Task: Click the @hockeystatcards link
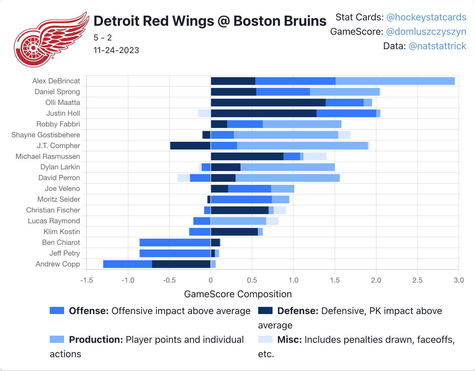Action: coord(426,17)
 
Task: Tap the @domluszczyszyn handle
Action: coord(426,32)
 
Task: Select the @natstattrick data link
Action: coord(437,46)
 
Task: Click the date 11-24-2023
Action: coord(116,50)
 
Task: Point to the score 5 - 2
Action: coord(102,38)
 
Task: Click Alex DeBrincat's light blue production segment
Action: coord(395,81)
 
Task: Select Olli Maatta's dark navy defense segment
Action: coord(268,102)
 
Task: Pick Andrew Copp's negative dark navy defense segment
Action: coord(181,264)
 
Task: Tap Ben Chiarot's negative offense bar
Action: coord(175,242)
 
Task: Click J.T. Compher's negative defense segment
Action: coord(190,146)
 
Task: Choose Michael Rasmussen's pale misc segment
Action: coord(315,156)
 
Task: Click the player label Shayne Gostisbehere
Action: coord(46,135)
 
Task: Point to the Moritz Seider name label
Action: coord(59,200)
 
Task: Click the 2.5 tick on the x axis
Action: coord(417,280)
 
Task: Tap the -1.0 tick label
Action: coord(128,280)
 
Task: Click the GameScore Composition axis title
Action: coord(238,294)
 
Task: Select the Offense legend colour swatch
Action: coord(57,310)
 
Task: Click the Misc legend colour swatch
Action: coord(265,339)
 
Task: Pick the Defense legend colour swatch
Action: coord(265,310)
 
